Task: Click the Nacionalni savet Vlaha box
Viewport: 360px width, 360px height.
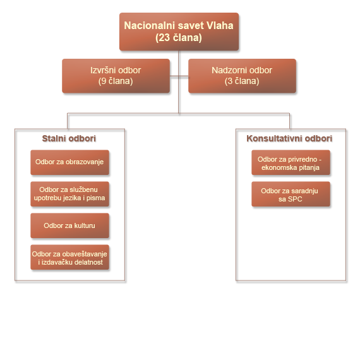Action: (x=179, y=32)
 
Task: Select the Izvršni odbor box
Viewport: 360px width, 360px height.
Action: (x=116, y=76)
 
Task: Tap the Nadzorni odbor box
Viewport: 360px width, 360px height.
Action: (x=242, y=76)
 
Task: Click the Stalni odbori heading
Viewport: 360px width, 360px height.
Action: (x=69, y=139)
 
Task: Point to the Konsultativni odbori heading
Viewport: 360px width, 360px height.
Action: (x=289, y=139)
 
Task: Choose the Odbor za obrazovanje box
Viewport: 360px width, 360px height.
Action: (x=70, y=162)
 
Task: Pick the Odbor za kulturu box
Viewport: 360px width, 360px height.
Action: (x=70, y=225)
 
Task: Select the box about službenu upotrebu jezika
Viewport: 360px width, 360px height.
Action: (x=70, y=194)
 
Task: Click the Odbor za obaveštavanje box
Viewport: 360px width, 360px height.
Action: (x=70, y=257)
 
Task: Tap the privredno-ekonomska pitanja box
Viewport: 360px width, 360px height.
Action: (x=291, y=162)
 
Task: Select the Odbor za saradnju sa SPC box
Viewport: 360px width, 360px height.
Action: (x=291, y=194)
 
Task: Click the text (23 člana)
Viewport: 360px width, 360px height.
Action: (x=179, y=38)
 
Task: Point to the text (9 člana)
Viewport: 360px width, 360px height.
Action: (x=116, y=81)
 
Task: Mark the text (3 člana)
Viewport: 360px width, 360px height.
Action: (x=242, y=81)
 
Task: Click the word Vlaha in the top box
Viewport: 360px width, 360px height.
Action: (x=220, y=25)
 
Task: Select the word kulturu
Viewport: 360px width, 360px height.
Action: (x=85, y=225)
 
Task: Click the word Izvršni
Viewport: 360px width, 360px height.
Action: (x=102, y=70)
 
